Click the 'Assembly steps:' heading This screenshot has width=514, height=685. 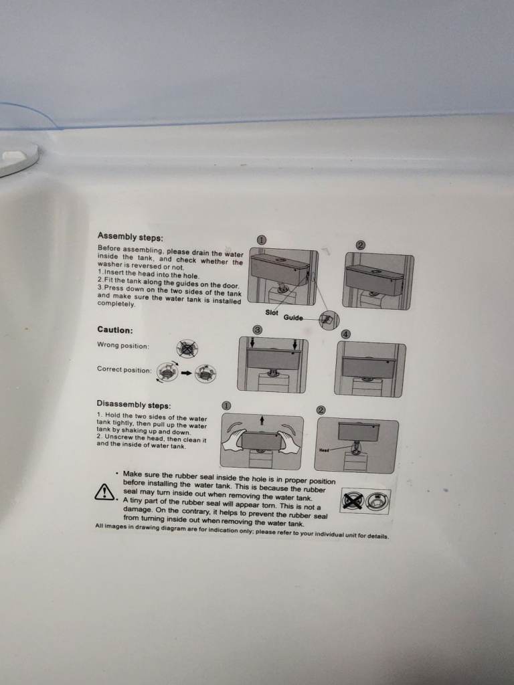click(131, 237)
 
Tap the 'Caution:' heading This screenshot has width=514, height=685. click(115, 330)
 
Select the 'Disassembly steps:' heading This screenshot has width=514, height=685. click(134, 405)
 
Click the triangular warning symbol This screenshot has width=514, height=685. click(104, 492)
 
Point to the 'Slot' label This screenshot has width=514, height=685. click(272, 312)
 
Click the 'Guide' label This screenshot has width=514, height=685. click(293, 317)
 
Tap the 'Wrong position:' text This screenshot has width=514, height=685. click(123, 346)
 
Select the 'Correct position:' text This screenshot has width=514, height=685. click(124, 369)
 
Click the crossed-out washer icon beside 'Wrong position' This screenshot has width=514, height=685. click(187, 349)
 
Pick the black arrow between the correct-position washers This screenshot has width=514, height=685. click(187, 373)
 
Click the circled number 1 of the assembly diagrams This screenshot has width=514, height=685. click(261, 240)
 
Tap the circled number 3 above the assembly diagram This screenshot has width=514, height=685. click(258, 330)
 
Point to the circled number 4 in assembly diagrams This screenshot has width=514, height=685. click(346, 334)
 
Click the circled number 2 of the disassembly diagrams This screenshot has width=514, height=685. click(321, 410)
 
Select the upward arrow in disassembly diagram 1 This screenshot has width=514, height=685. click(262, 420)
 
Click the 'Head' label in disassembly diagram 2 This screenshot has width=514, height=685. click(324, 450)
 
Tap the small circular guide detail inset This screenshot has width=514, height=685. click(329, 320)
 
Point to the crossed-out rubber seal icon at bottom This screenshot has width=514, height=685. click(352, 500)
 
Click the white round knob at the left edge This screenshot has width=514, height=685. click(17, 159)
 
